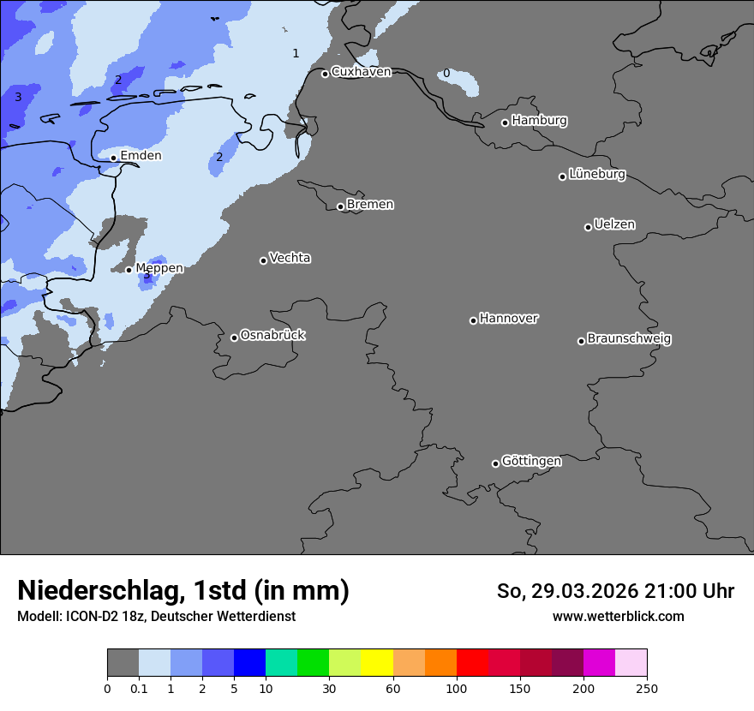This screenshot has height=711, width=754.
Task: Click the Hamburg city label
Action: [539, 121]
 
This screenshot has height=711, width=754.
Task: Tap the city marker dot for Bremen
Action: [340, 206]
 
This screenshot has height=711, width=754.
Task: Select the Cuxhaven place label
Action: [361, 72]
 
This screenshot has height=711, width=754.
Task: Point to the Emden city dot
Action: [113, 158]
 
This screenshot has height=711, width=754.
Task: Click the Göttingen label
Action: [531, 462]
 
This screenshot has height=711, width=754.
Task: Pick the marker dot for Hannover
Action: [473, 320]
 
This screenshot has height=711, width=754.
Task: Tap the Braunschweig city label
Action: [629, 339]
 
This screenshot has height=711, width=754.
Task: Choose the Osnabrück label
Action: [272, 336]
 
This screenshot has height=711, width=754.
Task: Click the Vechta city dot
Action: [263, 260]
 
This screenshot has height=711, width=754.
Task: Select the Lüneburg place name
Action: [597, 175]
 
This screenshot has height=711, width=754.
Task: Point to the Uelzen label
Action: [614, 225]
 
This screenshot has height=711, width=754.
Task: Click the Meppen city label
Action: [159, 268]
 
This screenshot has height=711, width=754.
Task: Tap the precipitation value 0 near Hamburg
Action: [446, 74]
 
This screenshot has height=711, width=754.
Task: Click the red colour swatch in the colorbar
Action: [472, 663]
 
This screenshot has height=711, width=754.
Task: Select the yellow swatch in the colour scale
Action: [377, 663]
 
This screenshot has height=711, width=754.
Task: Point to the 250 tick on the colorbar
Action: [646, 689]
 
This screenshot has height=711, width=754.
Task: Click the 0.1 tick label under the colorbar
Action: [139, 689]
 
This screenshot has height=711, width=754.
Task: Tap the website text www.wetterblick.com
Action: [618, 617]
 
